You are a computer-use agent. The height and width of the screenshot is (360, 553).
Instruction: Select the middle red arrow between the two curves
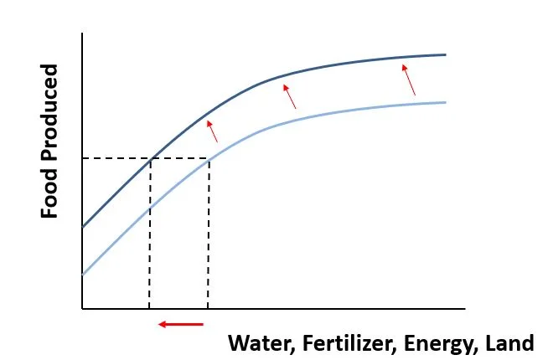pyautogui.click(x=289, y=96)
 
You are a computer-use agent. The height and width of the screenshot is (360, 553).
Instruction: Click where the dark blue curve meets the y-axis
pyautogui.click(x=83, y=226)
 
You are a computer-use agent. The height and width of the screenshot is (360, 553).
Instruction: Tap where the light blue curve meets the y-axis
pyautogui.click(x=83, y=274)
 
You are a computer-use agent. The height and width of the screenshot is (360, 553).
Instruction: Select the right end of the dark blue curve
pyautogui.click(x=445, y=54)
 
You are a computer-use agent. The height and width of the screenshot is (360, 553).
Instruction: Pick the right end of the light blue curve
pyautogui.click(x=445, y=102)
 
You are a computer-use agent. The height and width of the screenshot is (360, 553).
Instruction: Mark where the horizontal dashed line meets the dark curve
pyautogui.click(x=150, y=159)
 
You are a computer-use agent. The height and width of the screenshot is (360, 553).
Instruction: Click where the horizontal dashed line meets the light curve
pyautogui.click(x=208, y=159)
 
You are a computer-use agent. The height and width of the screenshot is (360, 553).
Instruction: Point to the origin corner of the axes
pyautogui.click(x=82, y=309)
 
